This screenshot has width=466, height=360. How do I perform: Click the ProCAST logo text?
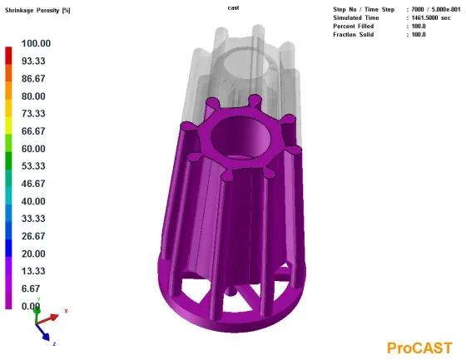419,348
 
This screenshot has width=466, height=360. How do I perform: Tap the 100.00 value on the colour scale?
36,43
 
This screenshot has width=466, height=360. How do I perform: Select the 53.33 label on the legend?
33,165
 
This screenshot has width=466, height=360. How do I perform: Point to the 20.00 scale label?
33,254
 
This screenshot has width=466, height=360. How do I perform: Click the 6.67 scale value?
31,288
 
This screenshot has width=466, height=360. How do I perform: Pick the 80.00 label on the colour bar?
33,96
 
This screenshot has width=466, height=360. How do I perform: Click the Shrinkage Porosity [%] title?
37,11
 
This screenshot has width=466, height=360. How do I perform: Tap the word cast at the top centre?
233,7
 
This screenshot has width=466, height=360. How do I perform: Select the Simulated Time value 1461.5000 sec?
431,17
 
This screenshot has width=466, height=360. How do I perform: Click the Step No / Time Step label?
364,9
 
